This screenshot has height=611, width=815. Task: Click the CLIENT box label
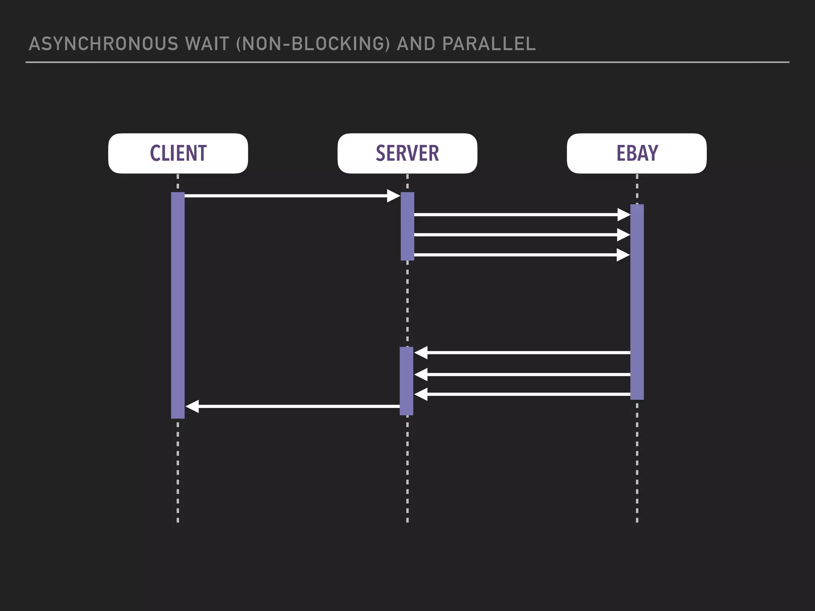(178, 154)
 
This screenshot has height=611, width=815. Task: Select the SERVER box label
(407, 154)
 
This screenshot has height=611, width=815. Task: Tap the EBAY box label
(637, 154)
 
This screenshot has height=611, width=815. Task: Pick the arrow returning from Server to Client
(294, 406)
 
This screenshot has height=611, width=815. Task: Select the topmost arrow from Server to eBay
(517, 215)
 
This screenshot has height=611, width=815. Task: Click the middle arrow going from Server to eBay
(517, 235)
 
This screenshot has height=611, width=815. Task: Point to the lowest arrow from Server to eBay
(517, 255)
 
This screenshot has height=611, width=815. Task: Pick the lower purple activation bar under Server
(406, 381)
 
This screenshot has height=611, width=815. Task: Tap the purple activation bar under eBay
(637, 302)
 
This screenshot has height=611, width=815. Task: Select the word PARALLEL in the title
(489, 44)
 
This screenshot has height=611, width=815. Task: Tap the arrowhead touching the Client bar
(192, 406)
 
